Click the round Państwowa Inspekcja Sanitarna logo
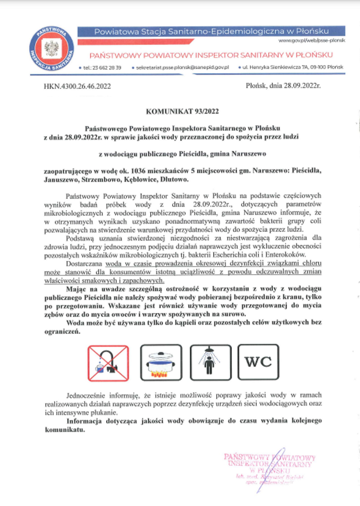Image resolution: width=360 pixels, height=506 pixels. (x=52, y=49)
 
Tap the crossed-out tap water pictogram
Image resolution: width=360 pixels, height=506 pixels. (x=108, y=363)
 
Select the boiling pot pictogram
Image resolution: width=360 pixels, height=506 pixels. (x=161, y=363)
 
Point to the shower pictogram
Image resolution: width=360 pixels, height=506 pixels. (x=211, y=363)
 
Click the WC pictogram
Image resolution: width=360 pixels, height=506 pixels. (x=258, y=362)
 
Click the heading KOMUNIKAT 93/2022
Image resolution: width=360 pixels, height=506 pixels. (x=182, y=112)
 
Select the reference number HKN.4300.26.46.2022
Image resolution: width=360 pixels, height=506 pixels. (x=77, y=86)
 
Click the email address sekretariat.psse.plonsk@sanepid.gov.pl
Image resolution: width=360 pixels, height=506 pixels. (x=182, y=68)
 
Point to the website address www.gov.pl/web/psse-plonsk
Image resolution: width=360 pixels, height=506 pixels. (x=311, y=41)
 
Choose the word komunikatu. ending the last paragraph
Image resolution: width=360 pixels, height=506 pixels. (x=65, y=430)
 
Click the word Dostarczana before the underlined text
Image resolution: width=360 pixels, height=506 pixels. (x=84, y=263)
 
